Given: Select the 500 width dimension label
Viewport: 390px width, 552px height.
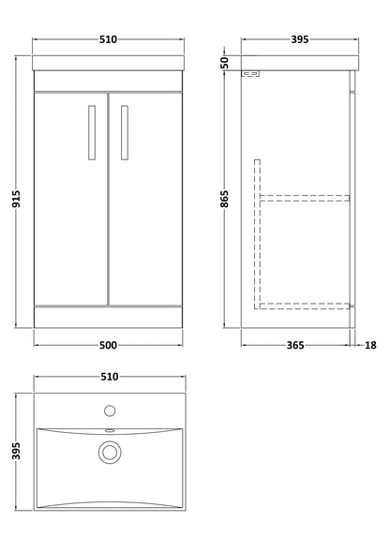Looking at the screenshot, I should [x=108, y=345].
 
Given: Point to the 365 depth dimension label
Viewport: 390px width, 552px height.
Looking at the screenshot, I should [x=296, y=345].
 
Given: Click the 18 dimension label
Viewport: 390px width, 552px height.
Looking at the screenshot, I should [x=372, y=345].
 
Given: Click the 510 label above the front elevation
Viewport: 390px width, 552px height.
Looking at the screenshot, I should [x=108, y=40].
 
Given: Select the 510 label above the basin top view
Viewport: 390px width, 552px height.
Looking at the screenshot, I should [x=108, y=377].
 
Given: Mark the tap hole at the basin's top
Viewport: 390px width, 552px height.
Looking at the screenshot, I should [x=109, y=410].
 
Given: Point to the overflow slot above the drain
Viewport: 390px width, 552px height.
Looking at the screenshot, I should [x=109, y=431].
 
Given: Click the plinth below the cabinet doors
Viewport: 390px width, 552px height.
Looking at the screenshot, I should [x=108, y=317].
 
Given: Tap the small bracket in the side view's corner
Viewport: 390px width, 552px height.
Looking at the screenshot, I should [x=250, y=75].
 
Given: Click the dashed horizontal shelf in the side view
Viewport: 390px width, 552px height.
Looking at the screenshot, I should [x=305, y=198].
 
